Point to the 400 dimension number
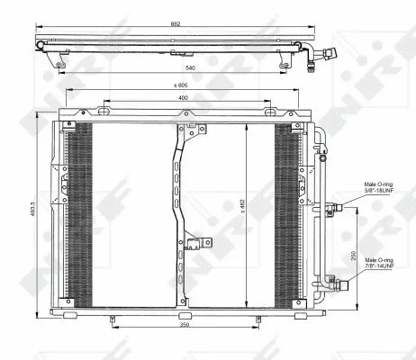click(x=184, y=97)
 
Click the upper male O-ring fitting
click(x=336, y=205)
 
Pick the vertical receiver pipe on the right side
click(x=317, y=216)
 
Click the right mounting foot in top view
click(x=285, y=62)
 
